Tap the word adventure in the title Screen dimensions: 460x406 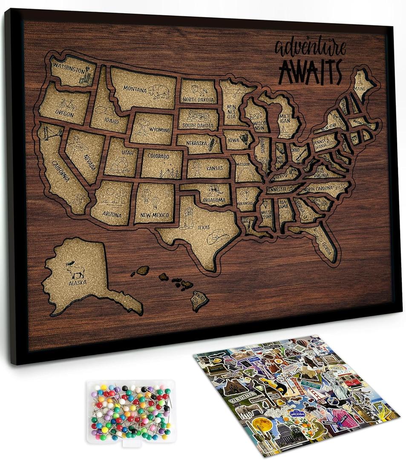click(310, 48)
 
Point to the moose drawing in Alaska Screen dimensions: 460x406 click(76, 270)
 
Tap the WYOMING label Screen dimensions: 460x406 click(160, 129)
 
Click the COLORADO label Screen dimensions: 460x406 click(158, 156)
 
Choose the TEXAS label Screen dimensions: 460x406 click(204, 227)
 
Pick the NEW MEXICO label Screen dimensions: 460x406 click(155, 215)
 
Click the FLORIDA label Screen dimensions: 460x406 click(326, 246)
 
